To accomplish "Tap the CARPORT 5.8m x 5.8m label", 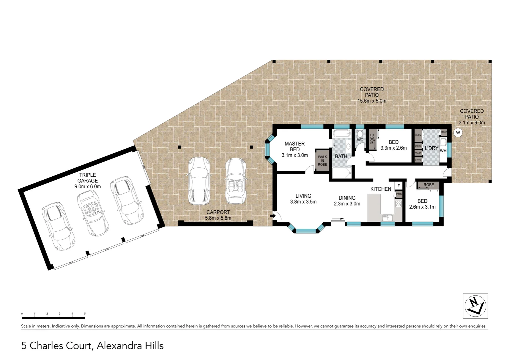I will (218, 215).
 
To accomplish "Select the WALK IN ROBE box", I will (322, 161).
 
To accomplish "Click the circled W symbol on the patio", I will (458, 133).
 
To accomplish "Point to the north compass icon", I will (475, 306).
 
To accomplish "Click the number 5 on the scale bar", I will (85, 314).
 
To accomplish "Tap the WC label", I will (360, 140).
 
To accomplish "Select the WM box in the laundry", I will (443, 151).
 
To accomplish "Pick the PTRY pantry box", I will (399, 194).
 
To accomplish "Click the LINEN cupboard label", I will (418, 135).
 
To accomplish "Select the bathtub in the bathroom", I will (342, 134).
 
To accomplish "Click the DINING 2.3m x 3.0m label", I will (347, 201).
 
